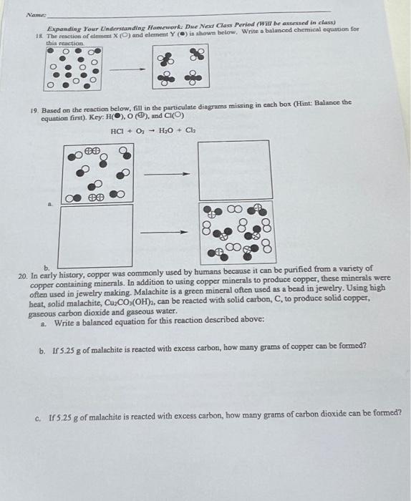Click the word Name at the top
point(36,15)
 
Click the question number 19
point(34,111)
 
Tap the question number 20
point(23,276)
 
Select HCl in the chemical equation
point(118,131)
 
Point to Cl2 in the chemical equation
point(190,130)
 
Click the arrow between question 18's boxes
point(127,69)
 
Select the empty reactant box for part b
point(96,236)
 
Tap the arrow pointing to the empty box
point(167,174)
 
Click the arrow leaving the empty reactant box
point(163,233)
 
